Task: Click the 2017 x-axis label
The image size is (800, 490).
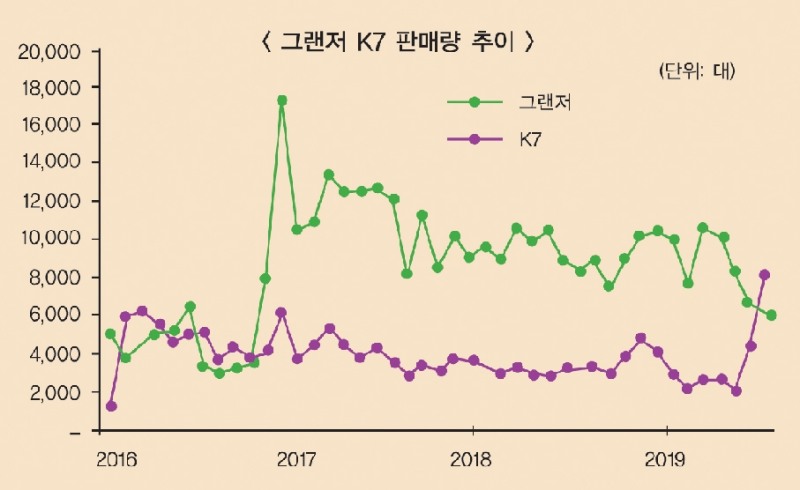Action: pos(297,460)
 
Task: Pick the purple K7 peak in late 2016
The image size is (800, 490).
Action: pos(281,312)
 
